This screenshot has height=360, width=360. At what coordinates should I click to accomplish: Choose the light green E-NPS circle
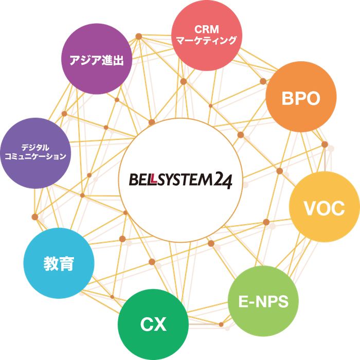pyautogui.click(x=263, y=301)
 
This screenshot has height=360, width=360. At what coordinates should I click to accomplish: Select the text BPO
pyautogui.click(x=301, y=99)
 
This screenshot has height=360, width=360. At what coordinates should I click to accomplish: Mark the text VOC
pyautogui.click(x=324, y=208)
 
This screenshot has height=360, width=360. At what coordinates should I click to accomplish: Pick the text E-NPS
pyautogui.click(x=263, y=301)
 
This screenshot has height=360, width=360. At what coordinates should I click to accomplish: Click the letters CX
pyautogui.click(x=153, y=325)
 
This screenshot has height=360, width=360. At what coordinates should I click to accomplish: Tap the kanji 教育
pyautogui.click(x=59, y=264)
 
